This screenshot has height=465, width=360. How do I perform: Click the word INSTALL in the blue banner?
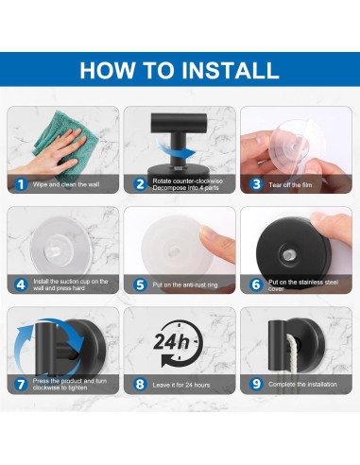pos(231,70)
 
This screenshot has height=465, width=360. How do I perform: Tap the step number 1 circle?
pos(21,184)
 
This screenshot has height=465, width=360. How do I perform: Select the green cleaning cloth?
pos(64,142)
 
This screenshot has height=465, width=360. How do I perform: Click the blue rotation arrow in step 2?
pos(176,150)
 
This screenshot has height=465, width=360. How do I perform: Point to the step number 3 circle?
pos(257,184)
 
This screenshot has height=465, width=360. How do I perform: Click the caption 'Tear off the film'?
pos(290,185)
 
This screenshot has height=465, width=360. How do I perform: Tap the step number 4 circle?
pos(21,284)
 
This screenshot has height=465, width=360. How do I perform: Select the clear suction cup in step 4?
pos(60,247)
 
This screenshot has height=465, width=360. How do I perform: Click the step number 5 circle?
pos(140,284)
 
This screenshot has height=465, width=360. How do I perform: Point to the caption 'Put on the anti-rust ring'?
pos(185,284)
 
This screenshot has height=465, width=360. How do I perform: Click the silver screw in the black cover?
pos(287,255)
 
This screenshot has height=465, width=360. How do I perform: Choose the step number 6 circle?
pos(257,284)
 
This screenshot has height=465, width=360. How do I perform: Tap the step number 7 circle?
pos(21,385)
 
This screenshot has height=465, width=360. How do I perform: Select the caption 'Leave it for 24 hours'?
pos(181,385)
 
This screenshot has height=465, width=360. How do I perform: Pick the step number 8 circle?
pos(140,385)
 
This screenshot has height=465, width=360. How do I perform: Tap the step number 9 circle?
pos(257,385)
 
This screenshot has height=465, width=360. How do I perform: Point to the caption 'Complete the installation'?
pos(302,385)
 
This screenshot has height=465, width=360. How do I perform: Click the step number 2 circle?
pos(140,184)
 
